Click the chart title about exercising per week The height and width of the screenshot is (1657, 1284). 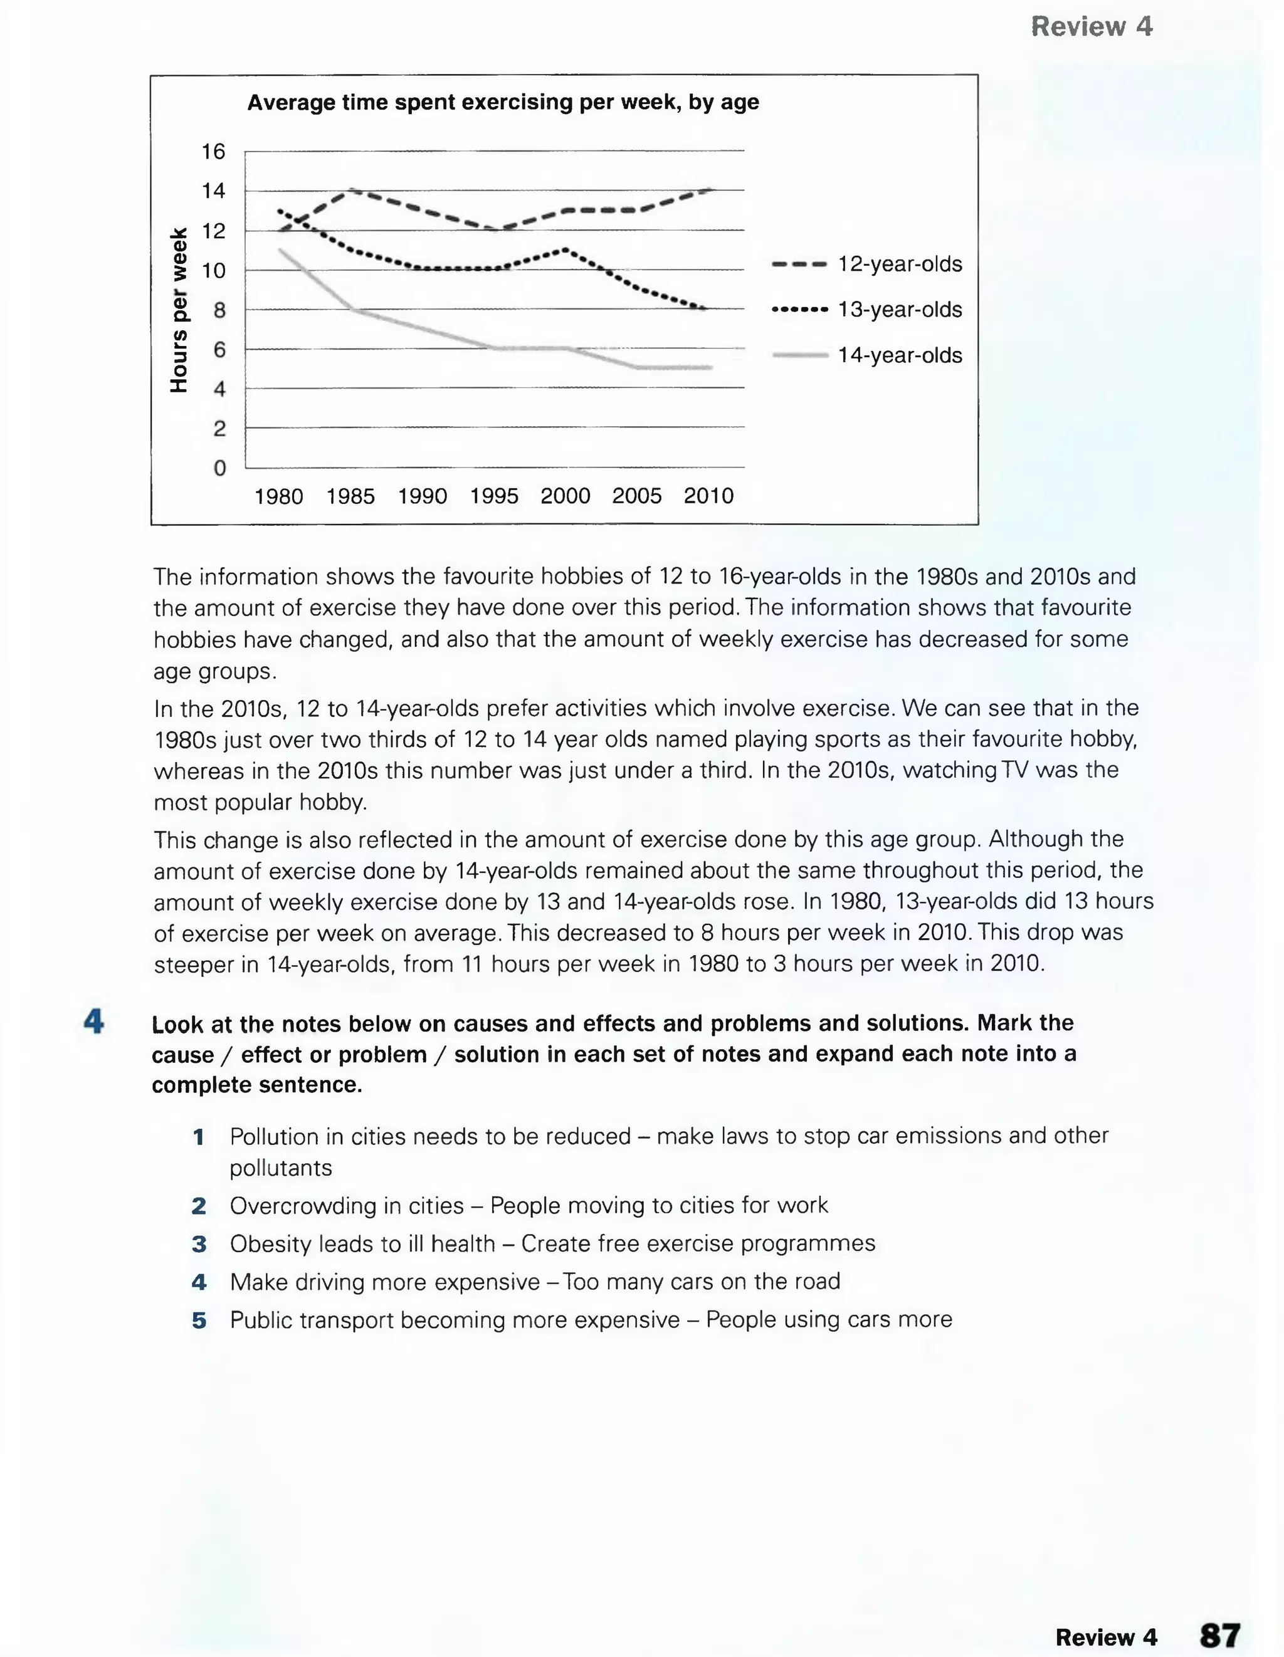(x=502, y=102)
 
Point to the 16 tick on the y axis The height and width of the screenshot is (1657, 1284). (x=213, y=152)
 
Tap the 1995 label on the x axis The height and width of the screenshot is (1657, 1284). (x=493, y=496)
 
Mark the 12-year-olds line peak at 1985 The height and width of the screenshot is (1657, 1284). (x=351, y=191)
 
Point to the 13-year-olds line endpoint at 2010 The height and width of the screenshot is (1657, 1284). (x=706, y=308)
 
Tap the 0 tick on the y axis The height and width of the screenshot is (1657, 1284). (x=219, y=468)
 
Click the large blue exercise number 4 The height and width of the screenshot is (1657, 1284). (x=94, y=1022)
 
